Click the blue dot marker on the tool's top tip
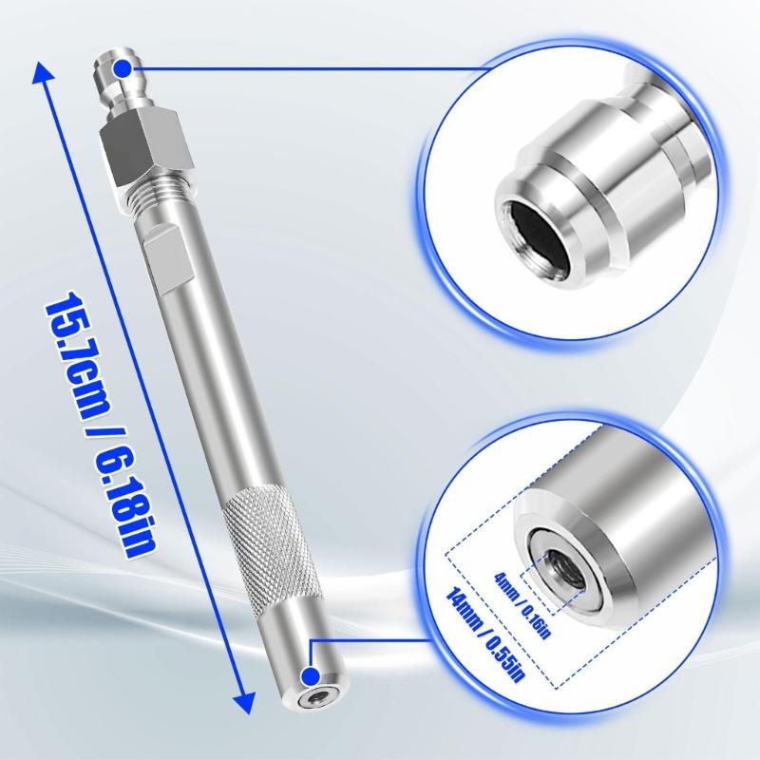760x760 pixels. point(125,67)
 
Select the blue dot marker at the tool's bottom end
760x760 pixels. point(311,676)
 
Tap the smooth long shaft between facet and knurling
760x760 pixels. point(204,380)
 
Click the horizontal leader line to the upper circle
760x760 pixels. point(304,67)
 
